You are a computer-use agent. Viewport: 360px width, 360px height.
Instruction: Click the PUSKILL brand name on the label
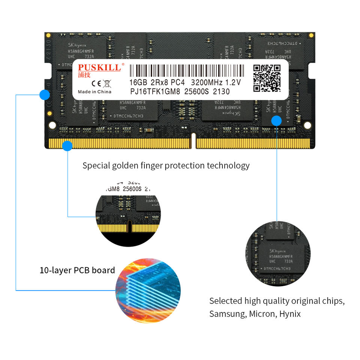pyautogui.click(x=99, y=67)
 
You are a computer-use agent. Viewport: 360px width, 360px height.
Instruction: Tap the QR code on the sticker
pyautogui.click(x=267, y=78)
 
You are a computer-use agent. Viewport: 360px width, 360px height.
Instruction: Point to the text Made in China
pyautogui.click(x=94, y=92)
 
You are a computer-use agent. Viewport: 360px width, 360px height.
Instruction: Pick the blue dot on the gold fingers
pyautogui.click(x=67, y=146)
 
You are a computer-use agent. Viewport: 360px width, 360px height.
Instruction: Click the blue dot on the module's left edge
pyautogui.click(x=45, y=94)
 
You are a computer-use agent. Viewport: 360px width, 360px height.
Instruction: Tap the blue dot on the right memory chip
pyautogui.click(x=276, y=120)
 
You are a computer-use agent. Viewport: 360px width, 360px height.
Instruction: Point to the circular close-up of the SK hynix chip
pyautogui.click(x=278, y=253)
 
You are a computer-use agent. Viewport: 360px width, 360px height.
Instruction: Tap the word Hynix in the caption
pyautogui.click(x=290, y=314)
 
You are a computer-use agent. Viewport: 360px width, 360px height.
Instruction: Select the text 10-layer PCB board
pyautogui.click(x=77, y=270)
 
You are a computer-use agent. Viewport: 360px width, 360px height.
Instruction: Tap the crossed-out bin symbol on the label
pyautogui.click(x=107, y=83)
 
